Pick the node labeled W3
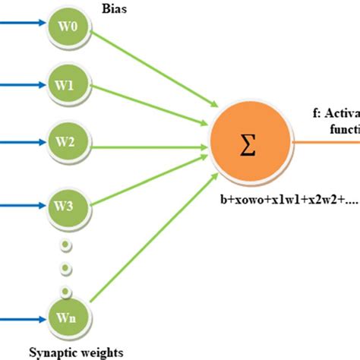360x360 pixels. pyautogui.click(x=65, y=185)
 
